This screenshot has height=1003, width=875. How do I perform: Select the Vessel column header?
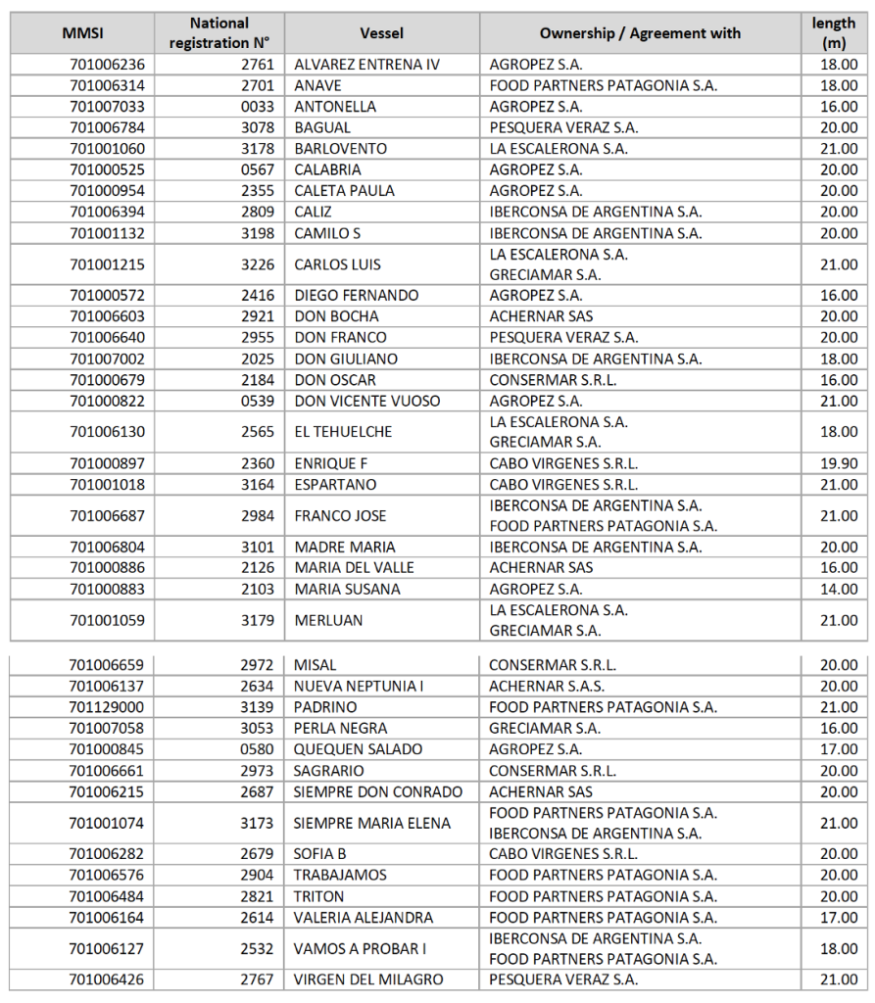tap(381, 33)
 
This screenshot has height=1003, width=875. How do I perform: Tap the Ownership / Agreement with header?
tap(640, 33)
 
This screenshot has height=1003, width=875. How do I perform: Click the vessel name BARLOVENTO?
tap(340, 149)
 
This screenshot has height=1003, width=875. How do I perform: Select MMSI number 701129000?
tap(107, 707)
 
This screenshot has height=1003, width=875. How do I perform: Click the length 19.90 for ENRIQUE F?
tap(840, 464)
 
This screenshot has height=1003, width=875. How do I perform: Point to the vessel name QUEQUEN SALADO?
tap(359, 749)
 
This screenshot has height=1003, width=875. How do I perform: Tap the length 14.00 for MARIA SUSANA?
tap(840, 590)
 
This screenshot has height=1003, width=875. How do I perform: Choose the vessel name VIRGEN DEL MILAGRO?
tap(368, 979)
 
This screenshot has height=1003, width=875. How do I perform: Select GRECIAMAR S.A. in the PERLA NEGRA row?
tap(545, 729)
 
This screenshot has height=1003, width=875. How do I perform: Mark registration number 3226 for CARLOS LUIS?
tap(257, 264)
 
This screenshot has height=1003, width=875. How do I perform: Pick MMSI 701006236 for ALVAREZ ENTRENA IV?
tap(107, 65)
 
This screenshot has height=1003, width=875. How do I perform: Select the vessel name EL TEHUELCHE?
tap(343, 432)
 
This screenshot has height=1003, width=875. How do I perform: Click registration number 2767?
tap(257, 979)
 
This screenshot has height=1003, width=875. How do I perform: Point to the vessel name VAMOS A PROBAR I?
tap(360, 948)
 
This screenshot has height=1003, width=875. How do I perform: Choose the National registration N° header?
tap(219, 33)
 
